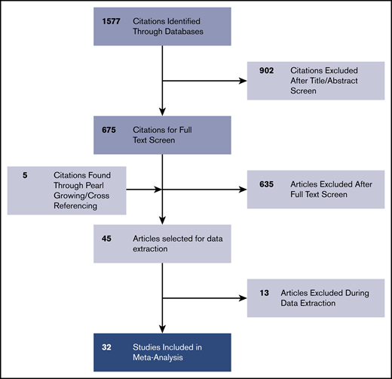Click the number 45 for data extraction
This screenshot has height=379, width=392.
coord(108,238)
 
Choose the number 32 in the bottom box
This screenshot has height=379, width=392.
coord(108,347)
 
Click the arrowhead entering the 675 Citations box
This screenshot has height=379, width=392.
coord(164,110)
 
